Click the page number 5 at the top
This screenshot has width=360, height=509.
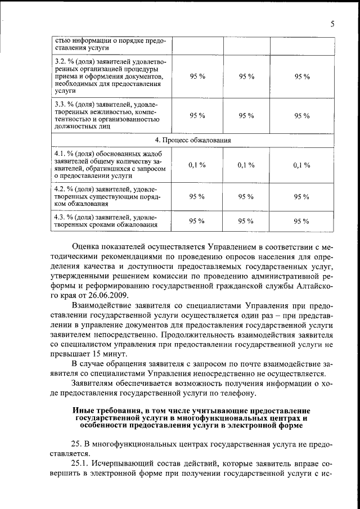point(332,24)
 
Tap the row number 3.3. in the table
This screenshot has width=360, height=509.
point(60,104)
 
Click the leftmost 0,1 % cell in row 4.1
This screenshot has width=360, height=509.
point(197,165)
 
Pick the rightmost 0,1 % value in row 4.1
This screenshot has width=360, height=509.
point(302,165)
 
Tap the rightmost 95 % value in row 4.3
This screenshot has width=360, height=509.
point(302,221)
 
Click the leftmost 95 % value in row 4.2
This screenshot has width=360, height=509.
point(197,196)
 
